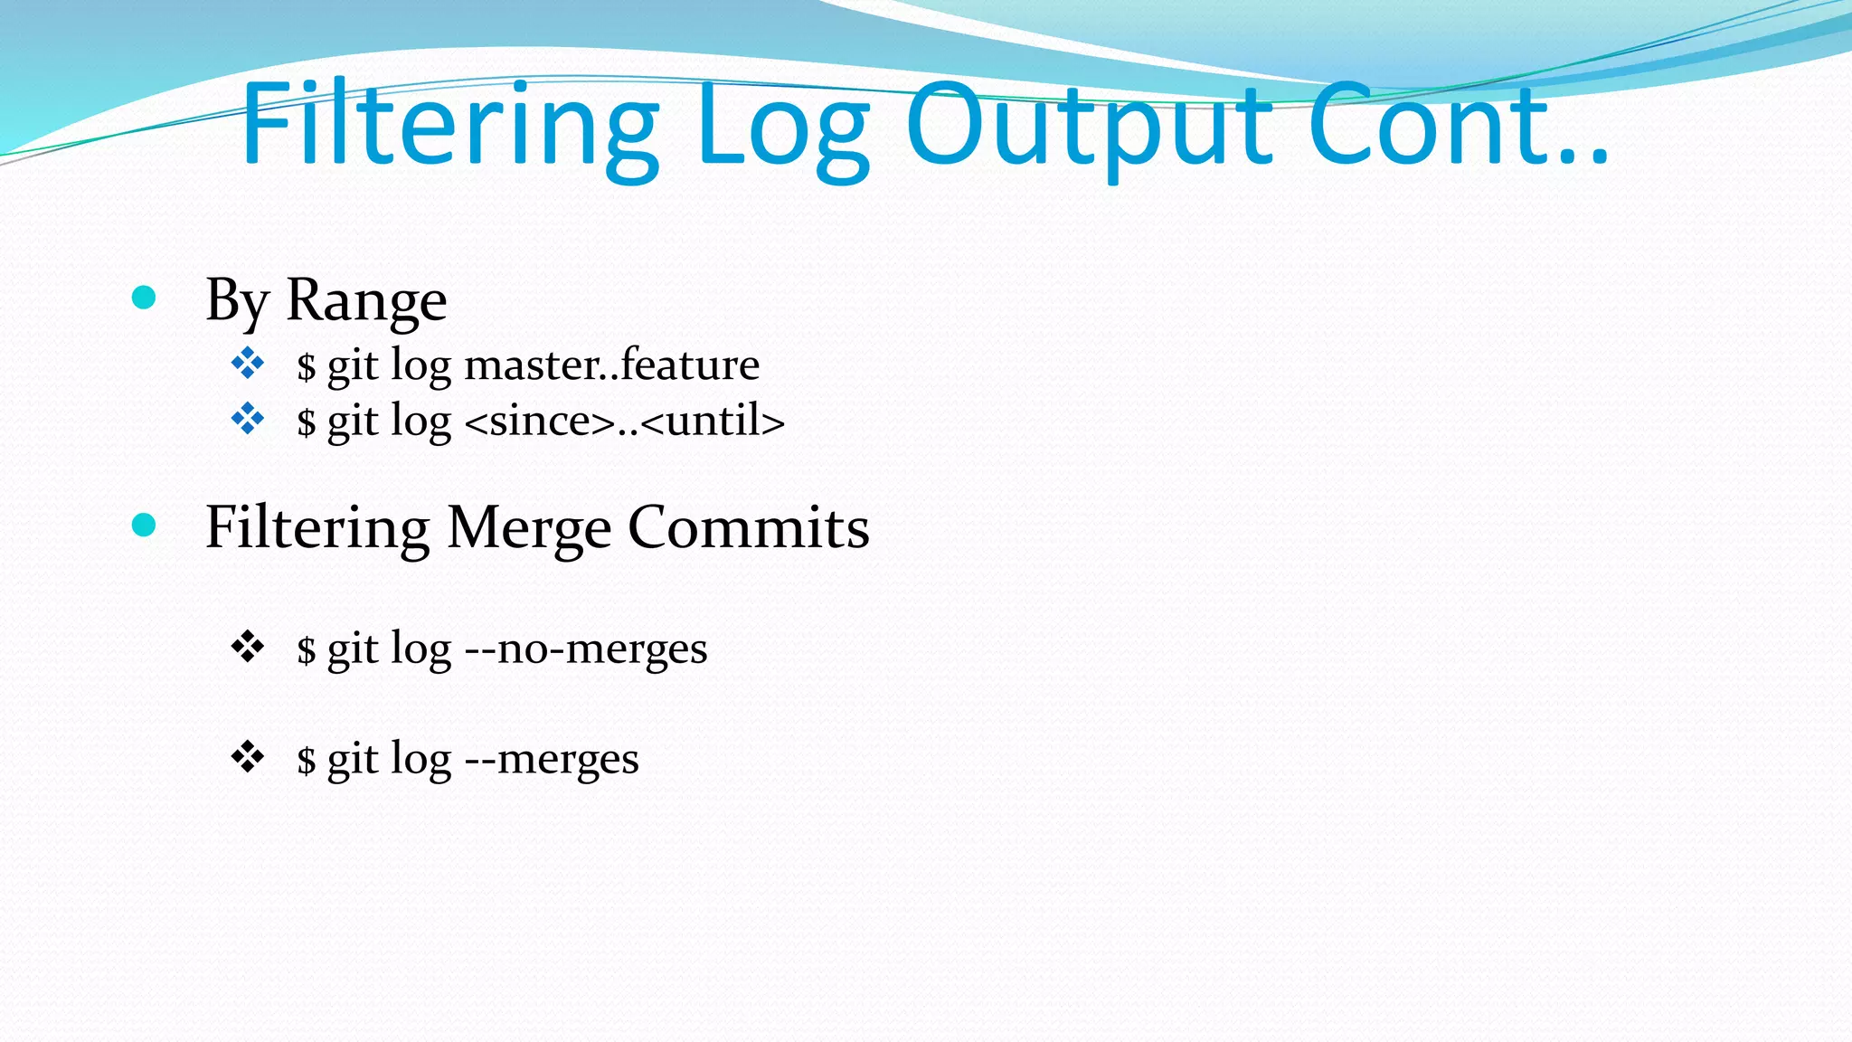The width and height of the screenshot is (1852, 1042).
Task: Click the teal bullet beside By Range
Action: (144, 298)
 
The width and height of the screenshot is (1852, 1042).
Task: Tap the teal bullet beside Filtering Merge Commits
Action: (144, 525)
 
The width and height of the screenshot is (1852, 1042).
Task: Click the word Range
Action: (366, 300)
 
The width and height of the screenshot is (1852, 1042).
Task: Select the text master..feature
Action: (611, 365)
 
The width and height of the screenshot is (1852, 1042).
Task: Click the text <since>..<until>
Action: (624, 422)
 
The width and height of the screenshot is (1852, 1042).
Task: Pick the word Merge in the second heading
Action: (529, 528)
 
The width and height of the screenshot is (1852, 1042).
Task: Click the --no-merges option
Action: (585, 649)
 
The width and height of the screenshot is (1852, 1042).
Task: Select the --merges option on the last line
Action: (551, 759)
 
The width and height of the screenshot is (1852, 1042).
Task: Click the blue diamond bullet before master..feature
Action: (247, 364)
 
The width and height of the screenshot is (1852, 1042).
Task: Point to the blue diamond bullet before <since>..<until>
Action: (247, 419)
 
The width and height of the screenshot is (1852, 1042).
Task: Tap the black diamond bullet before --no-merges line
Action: (247, 647)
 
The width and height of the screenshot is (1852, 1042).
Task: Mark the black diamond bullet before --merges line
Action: (247, 756)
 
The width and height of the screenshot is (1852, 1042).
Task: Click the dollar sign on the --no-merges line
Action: (307, 650)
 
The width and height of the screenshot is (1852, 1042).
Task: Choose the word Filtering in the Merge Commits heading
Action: (317, 528)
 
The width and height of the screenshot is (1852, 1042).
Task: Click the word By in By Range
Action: (238, 300)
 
